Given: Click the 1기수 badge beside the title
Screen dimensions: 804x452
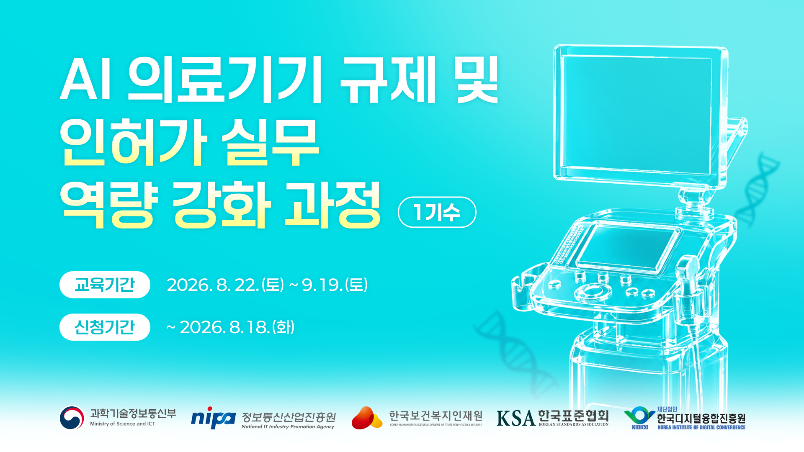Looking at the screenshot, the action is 437,212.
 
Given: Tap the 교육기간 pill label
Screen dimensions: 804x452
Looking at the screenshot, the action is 105,285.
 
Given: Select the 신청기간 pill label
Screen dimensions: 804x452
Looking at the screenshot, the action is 105,327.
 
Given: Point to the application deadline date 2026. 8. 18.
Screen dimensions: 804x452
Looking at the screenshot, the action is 224,327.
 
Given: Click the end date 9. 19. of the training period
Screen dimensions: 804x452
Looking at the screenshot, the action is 322,285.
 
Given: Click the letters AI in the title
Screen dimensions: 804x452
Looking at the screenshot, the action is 86,79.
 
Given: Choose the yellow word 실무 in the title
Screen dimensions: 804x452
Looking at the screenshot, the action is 271,142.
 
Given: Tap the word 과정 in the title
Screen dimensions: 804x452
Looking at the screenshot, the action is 333,205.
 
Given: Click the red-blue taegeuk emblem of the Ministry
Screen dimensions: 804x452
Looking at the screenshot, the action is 72,418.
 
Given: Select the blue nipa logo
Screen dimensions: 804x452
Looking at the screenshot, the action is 213,418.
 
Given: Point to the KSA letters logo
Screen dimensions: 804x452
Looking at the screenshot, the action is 516,418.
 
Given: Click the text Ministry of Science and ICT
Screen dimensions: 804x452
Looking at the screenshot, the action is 123,424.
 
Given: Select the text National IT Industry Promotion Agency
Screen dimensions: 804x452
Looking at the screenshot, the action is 288,427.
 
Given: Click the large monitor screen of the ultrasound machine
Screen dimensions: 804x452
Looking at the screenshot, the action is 636,116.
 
